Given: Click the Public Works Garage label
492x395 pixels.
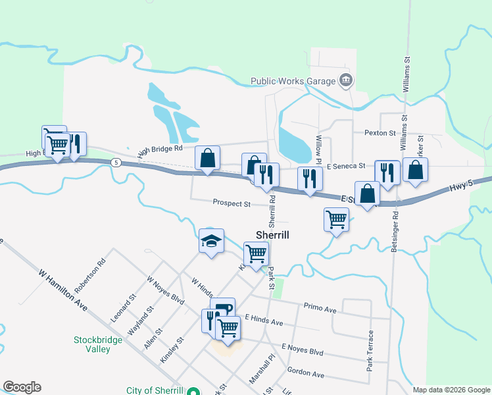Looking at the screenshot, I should pos(293,82).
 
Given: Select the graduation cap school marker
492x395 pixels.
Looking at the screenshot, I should pos(212,242).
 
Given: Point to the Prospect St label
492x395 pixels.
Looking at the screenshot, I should pos(232,203).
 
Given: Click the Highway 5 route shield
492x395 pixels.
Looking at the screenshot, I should pos(116,162).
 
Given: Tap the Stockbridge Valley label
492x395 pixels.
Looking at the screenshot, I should pos(91,344).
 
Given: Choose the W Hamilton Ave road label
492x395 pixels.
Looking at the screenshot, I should pos(63,289).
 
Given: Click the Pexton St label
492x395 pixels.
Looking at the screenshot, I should pos(380,133).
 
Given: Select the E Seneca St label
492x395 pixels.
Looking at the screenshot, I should pos(345,166).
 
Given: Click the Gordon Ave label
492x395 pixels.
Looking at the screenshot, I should pos(306,373).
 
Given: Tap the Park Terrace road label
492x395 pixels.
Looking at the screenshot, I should pos(371,351).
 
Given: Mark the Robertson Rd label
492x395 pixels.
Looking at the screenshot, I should pos(90,275).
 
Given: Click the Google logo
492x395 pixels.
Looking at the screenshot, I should pos(22,387).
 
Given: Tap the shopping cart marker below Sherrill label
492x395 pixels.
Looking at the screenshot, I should pos(256,253).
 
